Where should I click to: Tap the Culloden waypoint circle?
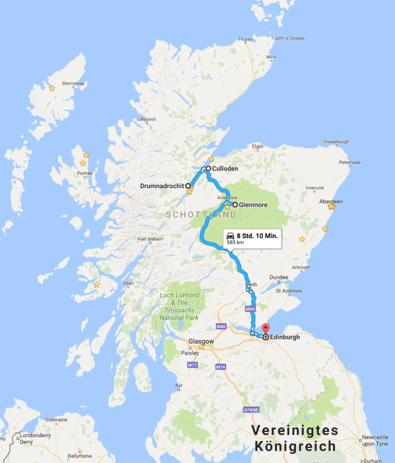[x=208, y=168]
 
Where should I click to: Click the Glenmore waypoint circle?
[x=235, y=204]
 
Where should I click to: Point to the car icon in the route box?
[x=230, y=236]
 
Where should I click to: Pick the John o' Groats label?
[x=289, y=38]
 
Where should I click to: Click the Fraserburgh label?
[x=336, y=141]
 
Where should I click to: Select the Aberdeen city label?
[x=331, y=201]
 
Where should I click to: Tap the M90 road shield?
[x=250, y=309]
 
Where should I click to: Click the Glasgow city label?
[x=201, y=341]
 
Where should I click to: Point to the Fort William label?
[x=150, y=239]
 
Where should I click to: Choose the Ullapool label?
[x=147, y=119]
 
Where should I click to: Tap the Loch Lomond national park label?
[x=179, y=307]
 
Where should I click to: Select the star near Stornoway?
[x=52, y=88]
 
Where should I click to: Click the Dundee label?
[x=278, y=276]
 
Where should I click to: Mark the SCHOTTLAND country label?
[x=201, y=215]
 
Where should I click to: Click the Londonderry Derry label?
[x=33, y=438]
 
